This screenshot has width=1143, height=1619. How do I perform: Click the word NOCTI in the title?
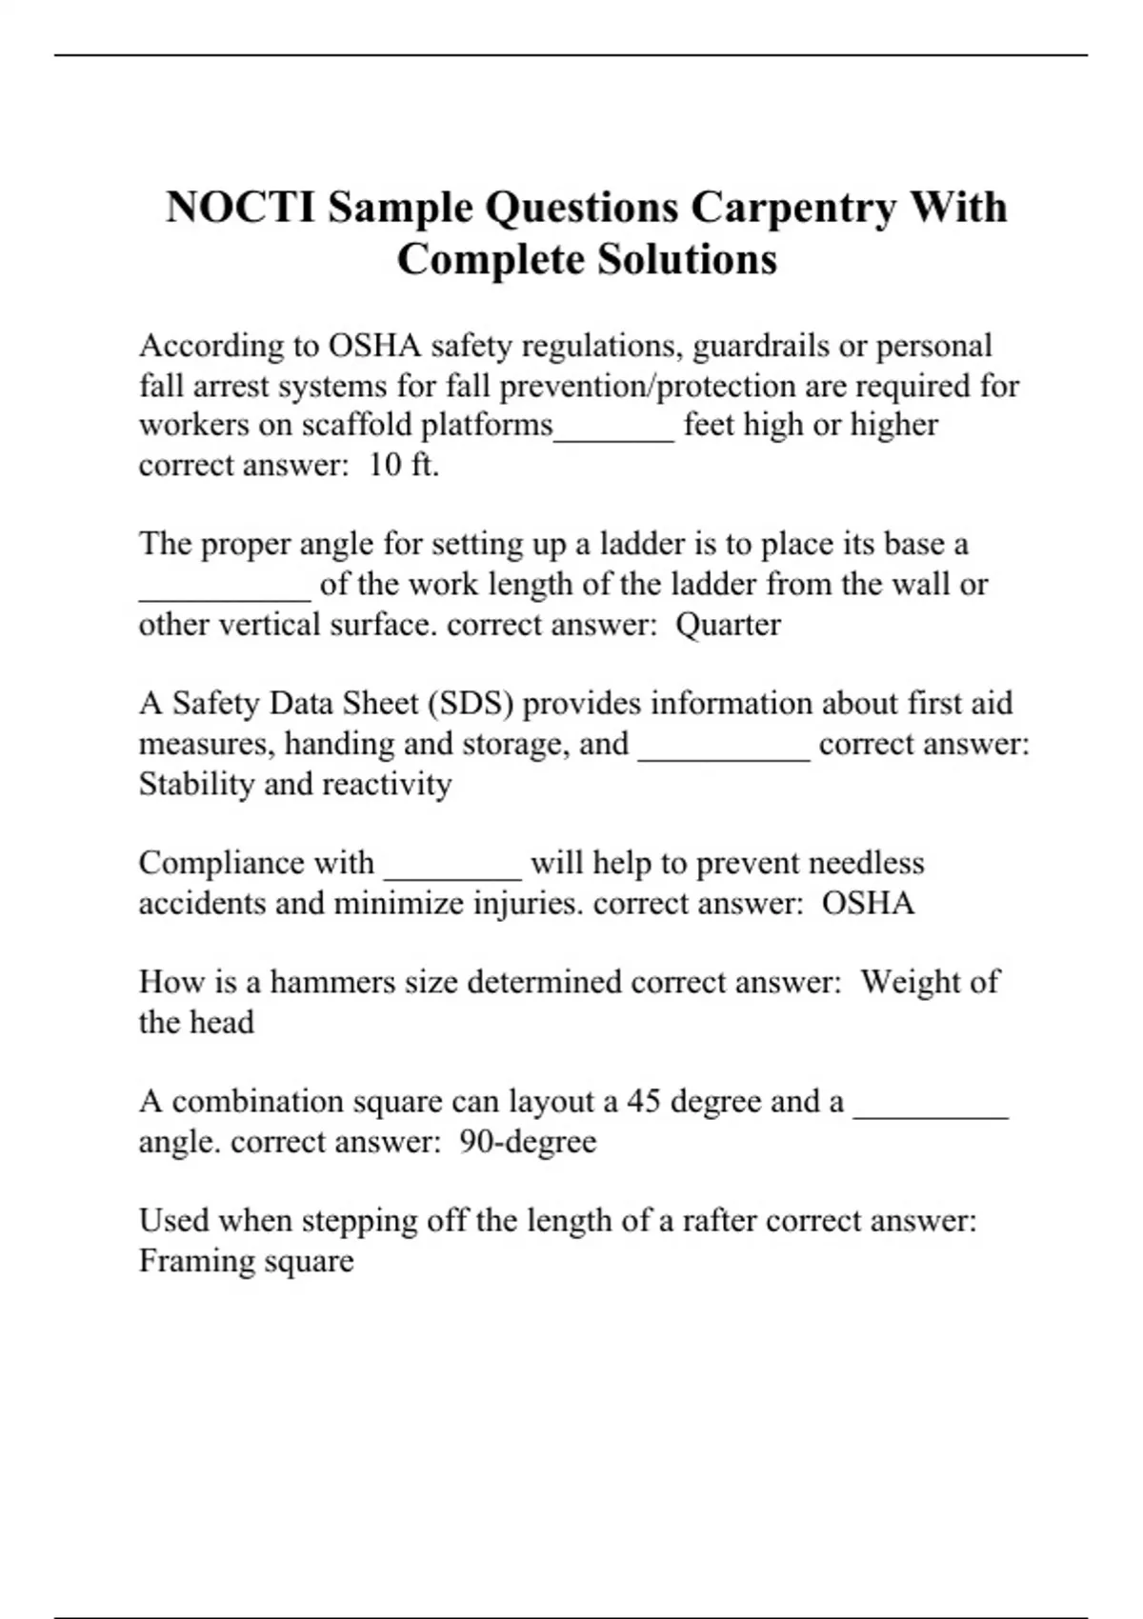pyautogui.click(x=240, y=208)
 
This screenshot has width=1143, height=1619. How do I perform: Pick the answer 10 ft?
pyautogui.click(x=404, y=465)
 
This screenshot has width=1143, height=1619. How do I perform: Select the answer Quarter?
pyautogui.click(x=728, y=625)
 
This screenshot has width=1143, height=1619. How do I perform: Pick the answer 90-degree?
pyautogui.click(x=528, y=1142)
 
